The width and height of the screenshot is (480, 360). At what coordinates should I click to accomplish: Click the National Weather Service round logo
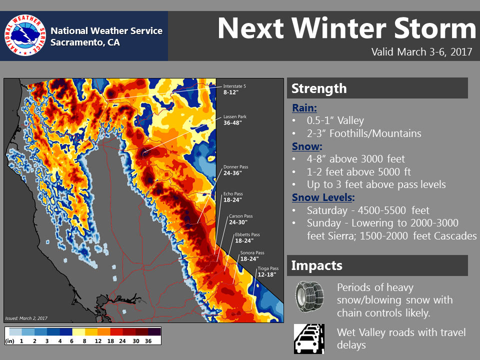25,35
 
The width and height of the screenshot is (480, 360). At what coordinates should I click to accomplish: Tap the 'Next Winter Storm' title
347,28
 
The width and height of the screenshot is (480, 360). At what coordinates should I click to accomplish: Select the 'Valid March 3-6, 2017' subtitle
421,51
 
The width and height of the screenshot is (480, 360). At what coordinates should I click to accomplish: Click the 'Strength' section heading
319,88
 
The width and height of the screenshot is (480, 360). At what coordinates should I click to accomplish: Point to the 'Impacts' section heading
316,265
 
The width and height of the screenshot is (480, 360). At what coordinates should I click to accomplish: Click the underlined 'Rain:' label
304,108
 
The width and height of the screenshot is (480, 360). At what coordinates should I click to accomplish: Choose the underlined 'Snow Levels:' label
323,197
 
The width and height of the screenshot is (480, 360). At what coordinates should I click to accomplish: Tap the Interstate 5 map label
234,89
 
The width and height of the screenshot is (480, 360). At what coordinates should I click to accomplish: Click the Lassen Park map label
235,119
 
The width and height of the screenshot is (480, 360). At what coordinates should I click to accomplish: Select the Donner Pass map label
235,170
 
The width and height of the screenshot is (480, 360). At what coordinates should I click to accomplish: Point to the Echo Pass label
233,197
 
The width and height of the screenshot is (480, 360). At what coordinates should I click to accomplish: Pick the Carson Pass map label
241,219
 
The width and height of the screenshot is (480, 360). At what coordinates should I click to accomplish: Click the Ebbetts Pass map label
247,237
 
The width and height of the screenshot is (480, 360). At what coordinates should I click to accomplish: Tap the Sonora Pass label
252,256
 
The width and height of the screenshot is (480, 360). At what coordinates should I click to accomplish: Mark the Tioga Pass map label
268,271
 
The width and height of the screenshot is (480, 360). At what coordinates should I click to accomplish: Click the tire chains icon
309,296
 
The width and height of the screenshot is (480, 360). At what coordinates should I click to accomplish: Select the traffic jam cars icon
309,339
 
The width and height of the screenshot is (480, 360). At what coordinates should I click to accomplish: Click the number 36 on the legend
148,341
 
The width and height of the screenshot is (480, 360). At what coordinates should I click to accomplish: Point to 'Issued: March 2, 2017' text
26,318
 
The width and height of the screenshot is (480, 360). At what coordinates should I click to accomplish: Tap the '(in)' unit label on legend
10,341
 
